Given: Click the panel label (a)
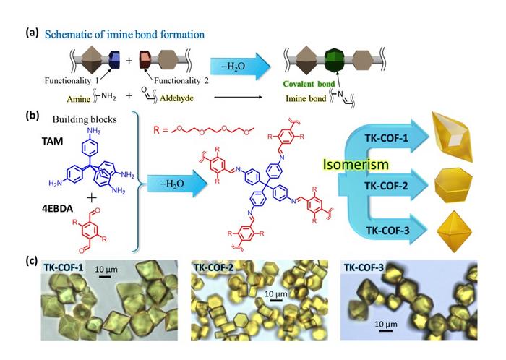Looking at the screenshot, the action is point(33,33).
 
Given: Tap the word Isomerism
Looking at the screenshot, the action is point(356,165).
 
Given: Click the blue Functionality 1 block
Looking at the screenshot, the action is point(114,59).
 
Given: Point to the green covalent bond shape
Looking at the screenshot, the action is point(335,60).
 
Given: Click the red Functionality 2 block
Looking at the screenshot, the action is point(145,59).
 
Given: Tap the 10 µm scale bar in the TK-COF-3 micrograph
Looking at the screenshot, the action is point(385,330).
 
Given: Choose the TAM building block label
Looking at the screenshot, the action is point(52,141).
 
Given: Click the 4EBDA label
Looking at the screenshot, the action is point(57,209).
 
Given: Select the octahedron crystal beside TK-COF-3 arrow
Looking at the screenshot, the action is point(455,231).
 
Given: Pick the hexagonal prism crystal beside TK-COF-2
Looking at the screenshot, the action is point(453,185).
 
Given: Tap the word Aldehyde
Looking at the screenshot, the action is point(177,98).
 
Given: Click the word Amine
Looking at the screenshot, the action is point(78,99).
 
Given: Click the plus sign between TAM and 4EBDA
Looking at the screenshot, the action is point(92,197).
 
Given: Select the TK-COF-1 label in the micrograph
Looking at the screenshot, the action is point(63,267).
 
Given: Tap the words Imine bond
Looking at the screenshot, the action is point(306,98).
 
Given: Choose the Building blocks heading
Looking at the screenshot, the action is point(85,120).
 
